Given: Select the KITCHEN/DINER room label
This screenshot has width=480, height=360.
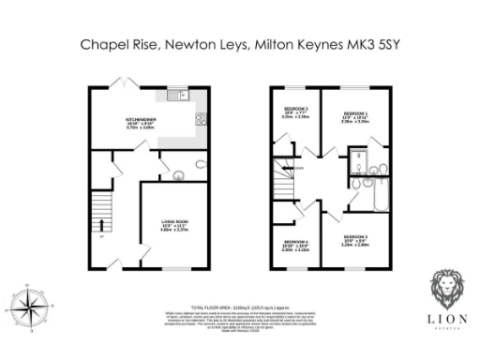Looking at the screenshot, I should (145, 120).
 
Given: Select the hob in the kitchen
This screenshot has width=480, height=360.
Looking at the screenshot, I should (200, 118).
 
